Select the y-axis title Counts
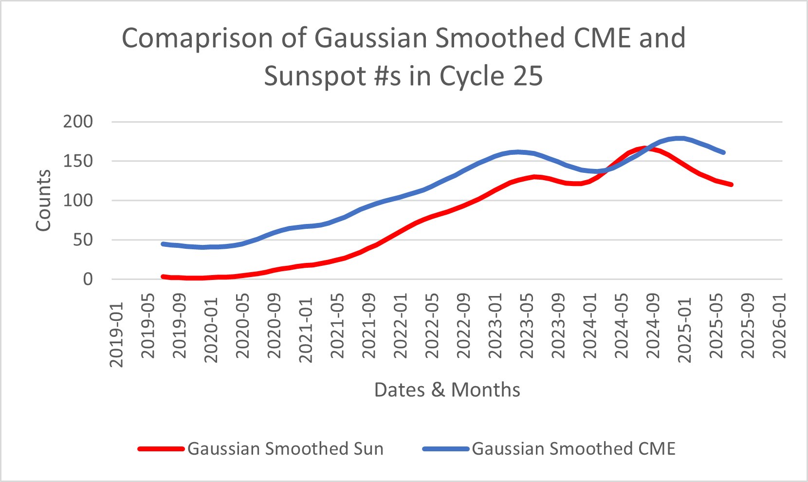(43, 201)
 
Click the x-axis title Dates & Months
(447, 390)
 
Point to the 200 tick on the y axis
(78, 122)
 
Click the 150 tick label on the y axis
(78, 161)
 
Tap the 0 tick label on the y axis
(88, 279)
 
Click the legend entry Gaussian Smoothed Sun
(285, 448)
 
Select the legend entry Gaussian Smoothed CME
(573, 448)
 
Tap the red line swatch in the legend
(161, 448)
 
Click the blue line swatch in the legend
(445, 448)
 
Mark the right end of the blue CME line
(724, 152)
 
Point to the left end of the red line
(163, 277)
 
